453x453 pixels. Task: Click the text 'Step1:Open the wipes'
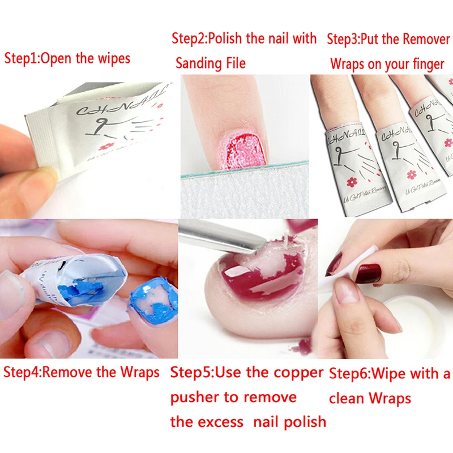[x=67, y=58]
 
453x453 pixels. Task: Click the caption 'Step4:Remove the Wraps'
[x=82, y=373]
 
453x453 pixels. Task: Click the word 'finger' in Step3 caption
[x=421, y=63]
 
